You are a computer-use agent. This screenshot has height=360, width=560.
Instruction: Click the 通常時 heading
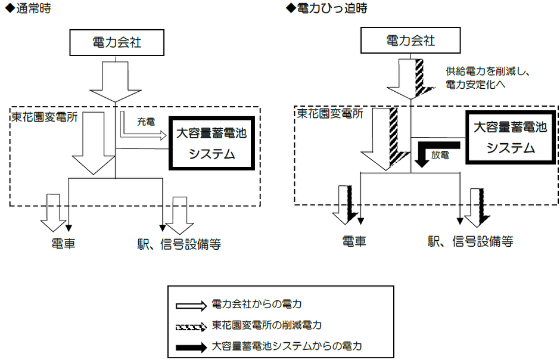[27, 10]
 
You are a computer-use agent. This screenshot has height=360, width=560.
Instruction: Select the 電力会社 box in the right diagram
[410, 41]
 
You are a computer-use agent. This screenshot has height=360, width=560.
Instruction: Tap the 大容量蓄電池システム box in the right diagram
[510, 138]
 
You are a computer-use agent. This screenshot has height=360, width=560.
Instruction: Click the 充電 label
[146, 122]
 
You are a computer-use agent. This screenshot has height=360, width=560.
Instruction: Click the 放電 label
[440, 154]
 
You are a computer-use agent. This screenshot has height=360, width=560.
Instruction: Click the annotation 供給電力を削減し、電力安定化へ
[488, 77]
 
